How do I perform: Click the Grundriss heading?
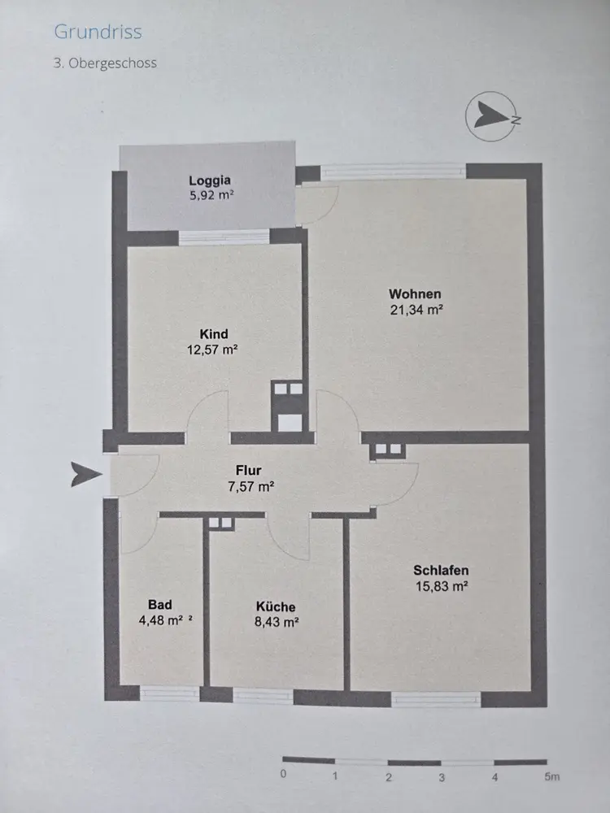pyautogui.click(x=98, y=33)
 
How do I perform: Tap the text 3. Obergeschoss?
pyautogui.click(x=105, y=63)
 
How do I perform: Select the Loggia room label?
pyautogui.click(x=211, y=180)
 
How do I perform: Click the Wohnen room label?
pyautogui.click(x=415, y=293)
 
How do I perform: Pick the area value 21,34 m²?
pyautogui.click(x=415, y=309)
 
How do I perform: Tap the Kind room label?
pyautogui.click(x=214, y=334)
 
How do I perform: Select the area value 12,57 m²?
pyautogui.click(x=212, y=350)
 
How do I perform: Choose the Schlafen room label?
pyautogui.click(x=441, y=570)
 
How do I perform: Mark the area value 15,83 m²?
pyautogui.click(x=441, y=585)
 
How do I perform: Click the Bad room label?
pyautogui.click(x=160, y=605)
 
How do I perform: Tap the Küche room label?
pyautogui.click(x=276, y=606)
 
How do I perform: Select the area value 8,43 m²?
pyautogui.click(x=276, y=623)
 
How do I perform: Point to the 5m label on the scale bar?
pyautogui.click(x=552, y=776)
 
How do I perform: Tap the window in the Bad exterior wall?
pyautogui.click(x=169, y=694)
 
